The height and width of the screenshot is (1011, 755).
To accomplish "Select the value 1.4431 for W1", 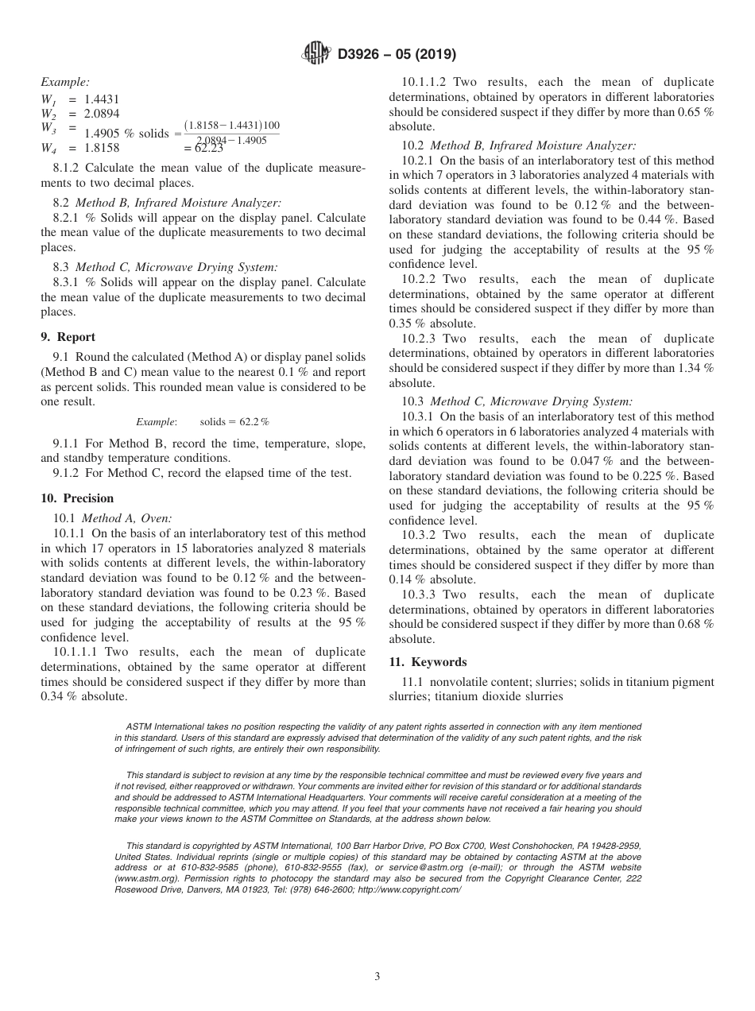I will tap(102, 99).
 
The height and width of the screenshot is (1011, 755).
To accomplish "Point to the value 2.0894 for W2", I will tap(102, 114).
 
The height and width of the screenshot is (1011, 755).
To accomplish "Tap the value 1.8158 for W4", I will tap(102, 148).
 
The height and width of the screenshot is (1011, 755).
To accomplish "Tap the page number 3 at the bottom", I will tap(377, 976).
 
